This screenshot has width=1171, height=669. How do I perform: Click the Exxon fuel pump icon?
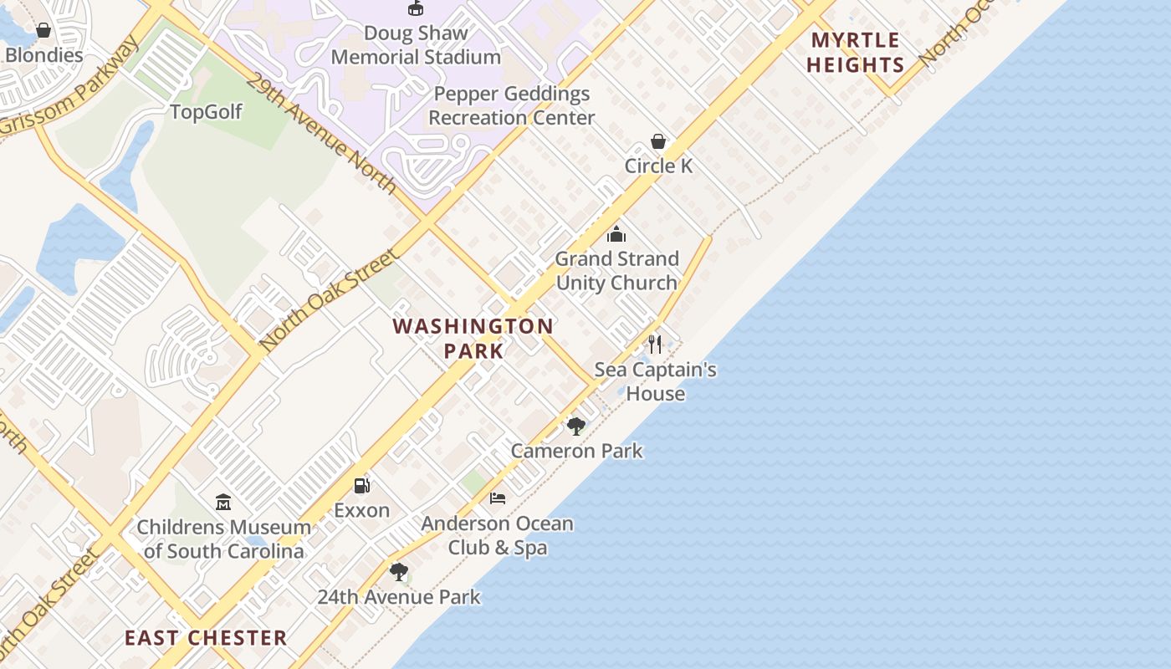point(361,486)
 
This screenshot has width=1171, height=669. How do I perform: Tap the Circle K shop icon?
point(658,141)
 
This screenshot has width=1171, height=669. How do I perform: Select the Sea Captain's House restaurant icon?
point(656,344)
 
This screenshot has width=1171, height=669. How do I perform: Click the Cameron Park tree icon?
point(575,426)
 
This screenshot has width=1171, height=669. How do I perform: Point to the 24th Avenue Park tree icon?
point(399,572)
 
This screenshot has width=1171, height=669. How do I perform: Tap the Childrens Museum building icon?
point(223,503)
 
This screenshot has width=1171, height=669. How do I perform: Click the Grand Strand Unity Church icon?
point(616,234)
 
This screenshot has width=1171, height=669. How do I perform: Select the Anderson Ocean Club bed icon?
point(498,498)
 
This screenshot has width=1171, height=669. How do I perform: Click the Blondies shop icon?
point(43,31)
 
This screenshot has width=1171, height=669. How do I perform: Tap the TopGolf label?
point(206,112)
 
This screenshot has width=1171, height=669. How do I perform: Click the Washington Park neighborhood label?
point(473,338)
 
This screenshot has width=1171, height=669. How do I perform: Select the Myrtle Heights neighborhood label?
point(856,53)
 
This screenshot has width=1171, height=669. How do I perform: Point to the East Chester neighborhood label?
point(206,638)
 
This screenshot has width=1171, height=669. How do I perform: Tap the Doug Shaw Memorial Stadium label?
point(416,45)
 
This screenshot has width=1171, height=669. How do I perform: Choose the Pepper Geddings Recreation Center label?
point(512,105)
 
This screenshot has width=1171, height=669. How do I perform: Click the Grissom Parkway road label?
point(71,88)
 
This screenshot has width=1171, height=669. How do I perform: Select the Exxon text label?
point(361,510)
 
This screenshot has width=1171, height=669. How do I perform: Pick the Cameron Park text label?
point(577,451)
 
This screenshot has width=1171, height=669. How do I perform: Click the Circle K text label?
point(658,166)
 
